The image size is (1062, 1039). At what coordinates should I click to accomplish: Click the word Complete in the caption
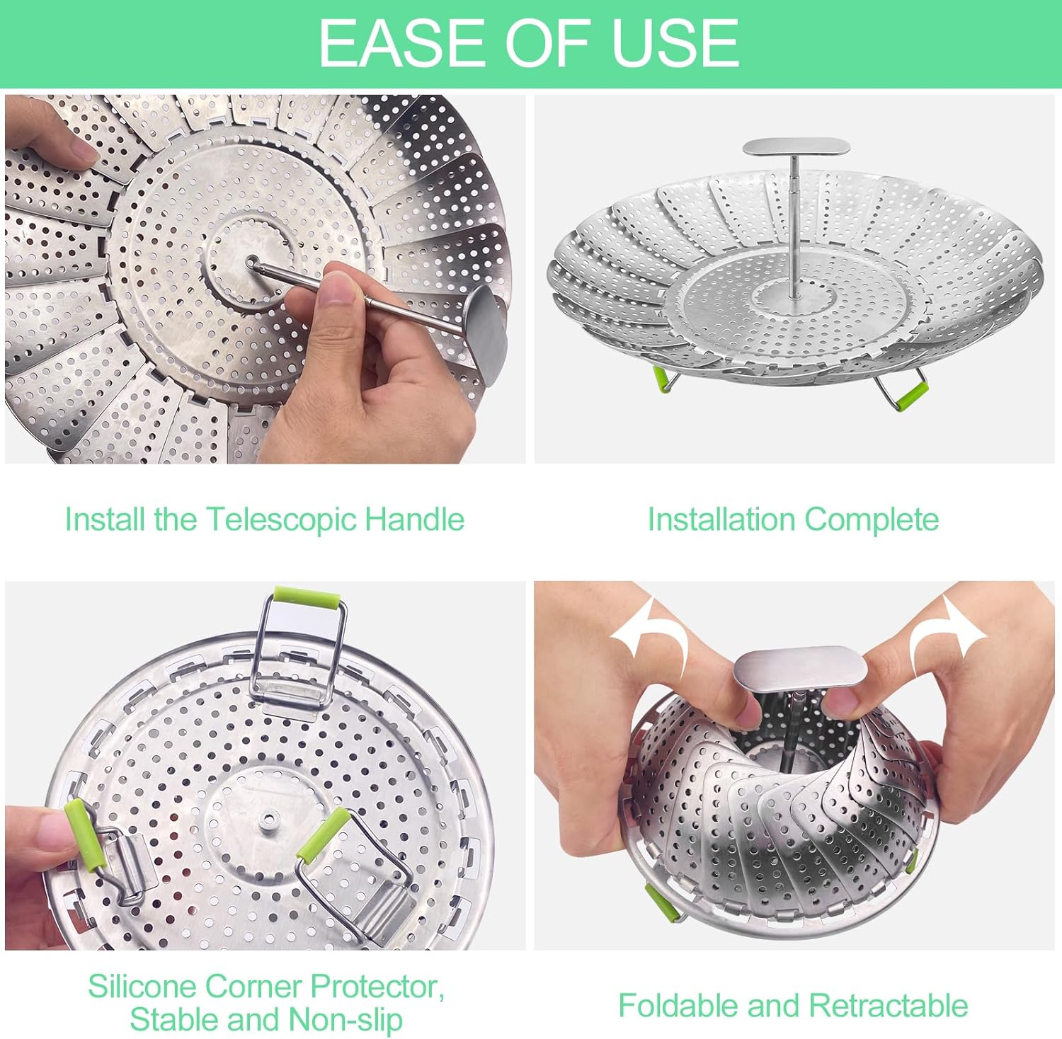(872, 519)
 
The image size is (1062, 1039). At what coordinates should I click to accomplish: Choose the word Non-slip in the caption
(346, 1020)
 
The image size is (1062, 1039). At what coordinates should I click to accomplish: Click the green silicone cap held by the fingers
(85, 836)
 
